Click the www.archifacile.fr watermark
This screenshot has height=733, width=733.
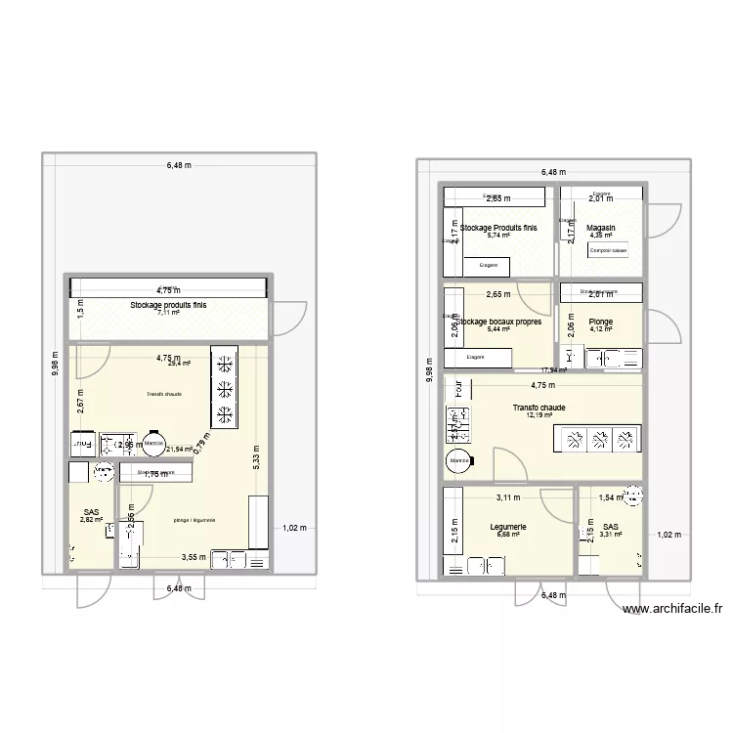(672, 610)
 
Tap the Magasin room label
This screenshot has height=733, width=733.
(601, 227)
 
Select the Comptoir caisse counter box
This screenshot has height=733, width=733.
(607, 250)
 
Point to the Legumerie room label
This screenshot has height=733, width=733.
(508, 527)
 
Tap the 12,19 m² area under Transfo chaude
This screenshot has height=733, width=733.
(539, 416)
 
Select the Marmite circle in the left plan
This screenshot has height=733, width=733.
(153, 443)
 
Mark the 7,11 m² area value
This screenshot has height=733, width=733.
(169, 314)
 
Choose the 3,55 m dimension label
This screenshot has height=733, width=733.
(193, 558)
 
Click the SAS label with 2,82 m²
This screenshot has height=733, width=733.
(92, 512)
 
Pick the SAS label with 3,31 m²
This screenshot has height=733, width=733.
(612, 527)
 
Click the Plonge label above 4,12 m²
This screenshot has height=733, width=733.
(600, 321)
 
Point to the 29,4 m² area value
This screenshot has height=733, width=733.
(179, 363)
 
